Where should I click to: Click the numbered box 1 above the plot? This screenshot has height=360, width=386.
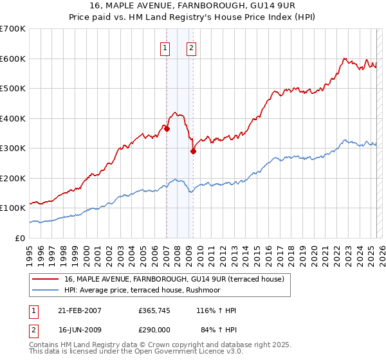click(x=165, y=47)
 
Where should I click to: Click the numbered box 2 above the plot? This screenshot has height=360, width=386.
click(x=192, y=47)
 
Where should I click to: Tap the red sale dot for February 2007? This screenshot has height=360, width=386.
click(x=167, y=129)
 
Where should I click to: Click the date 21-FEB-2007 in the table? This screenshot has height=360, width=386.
click(x=78, y=310)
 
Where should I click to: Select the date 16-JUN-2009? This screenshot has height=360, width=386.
click(x=78, y=329)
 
